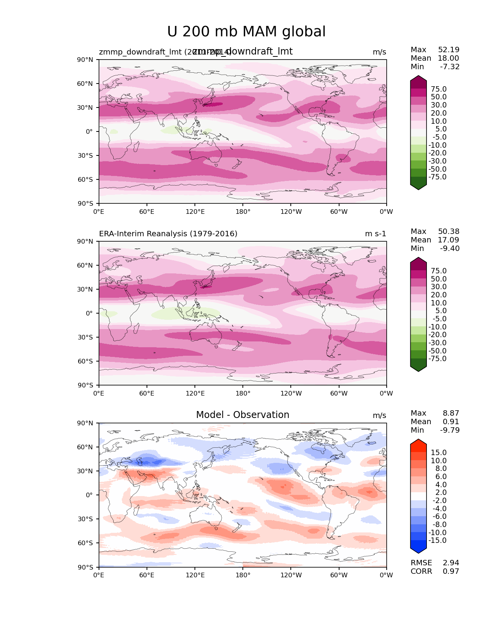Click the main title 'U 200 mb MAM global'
pos(246,32)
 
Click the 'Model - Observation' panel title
pos(242,415)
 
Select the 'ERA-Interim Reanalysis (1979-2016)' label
pos(168,234)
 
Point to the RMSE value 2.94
pos(451,563)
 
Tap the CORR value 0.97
pos(451,571)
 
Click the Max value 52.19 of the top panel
pos(449,50)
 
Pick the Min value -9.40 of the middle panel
pos(450,249)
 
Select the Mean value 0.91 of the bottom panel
pos(451,422)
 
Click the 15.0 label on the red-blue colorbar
pos(438,453)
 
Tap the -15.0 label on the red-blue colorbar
pos(437,541)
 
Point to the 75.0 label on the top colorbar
pos(438,89)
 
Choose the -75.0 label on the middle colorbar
pos(437,359)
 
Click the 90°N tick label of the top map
pos(85,60)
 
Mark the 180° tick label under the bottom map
pos(243,575)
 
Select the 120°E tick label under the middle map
pos(195,394)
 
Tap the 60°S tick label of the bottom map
pos(85,543)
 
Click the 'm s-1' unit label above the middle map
pos(375,234)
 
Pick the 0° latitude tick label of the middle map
pos(89,313)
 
